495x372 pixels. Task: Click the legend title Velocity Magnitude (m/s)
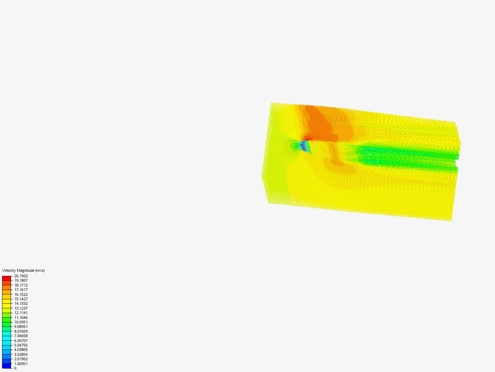coord(23,270)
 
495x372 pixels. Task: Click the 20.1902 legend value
coord(21,276)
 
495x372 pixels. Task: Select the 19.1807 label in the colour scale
coord(21,280)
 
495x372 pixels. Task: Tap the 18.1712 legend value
coord(21,285)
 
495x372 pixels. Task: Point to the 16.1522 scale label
coord(21,294)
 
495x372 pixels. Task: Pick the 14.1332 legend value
coord(21,303)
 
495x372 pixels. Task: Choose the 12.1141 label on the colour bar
coord(21,313)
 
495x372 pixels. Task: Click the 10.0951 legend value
coord(21,322)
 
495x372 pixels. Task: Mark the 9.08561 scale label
coord(21,327)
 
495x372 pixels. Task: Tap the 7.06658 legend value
coord(21,336)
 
